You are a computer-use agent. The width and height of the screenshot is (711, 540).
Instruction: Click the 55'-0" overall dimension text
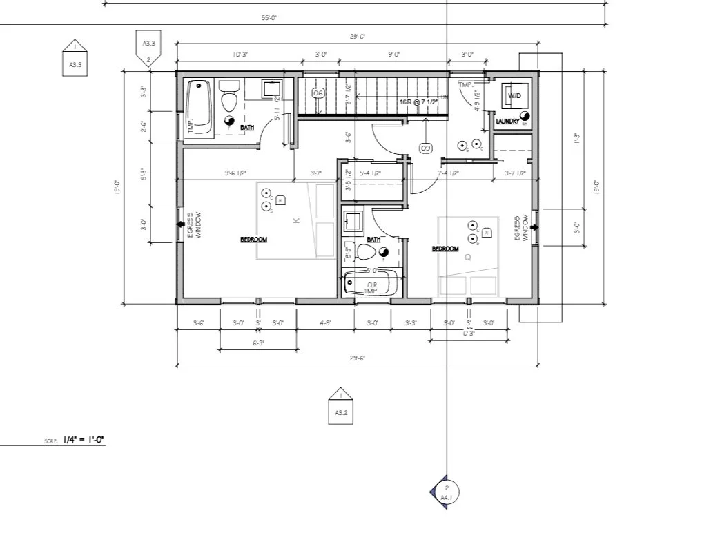click(270, 18)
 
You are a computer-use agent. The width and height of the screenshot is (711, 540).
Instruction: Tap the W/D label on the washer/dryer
click(515, 95)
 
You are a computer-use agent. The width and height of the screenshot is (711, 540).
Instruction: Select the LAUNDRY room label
click(507, 122)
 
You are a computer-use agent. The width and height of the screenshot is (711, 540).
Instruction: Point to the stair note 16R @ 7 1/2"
click(419, 102)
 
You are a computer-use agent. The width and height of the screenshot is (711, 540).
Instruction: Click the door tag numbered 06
click(318, 93)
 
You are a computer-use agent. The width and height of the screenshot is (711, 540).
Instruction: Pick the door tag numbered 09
click(425, 148)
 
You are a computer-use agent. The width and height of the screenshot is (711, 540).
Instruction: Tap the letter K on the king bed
click(296, 221)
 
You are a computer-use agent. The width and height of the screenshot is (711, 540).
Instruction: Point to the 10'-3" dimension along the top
click(240, 54)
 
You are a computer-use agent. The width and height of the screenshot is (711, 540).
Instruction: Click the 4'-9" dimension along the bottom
click(325, 322)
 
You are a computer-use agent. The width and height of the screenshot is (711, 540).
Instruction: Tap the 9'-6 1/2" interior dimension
click(236, 173)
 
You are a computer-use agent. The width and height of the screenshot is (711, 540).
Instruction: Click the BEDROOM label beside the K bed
click(253, 240)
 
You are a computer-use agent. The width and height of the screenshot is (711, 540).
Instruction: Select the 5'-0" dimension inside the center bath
click(372, 271)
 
